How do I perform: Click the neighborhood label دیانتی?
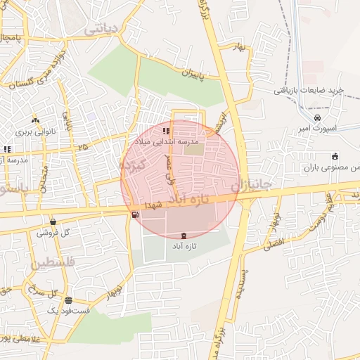tap(98, 29)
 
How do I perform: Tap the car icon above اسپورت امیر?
tap(319, 117)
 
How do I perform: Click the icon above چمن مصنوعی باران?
tap(335, 156)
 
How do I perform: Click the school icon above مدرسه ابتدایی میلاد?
tap(166, 130)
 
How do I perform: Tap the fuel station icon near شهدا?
tap(134, 214)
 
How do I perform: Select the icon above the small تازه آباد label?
tap(184, 236)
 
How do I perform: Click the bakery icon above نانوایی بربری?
tap(34, 120)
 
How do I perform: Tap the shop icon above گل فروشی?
tap(53, 221)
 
